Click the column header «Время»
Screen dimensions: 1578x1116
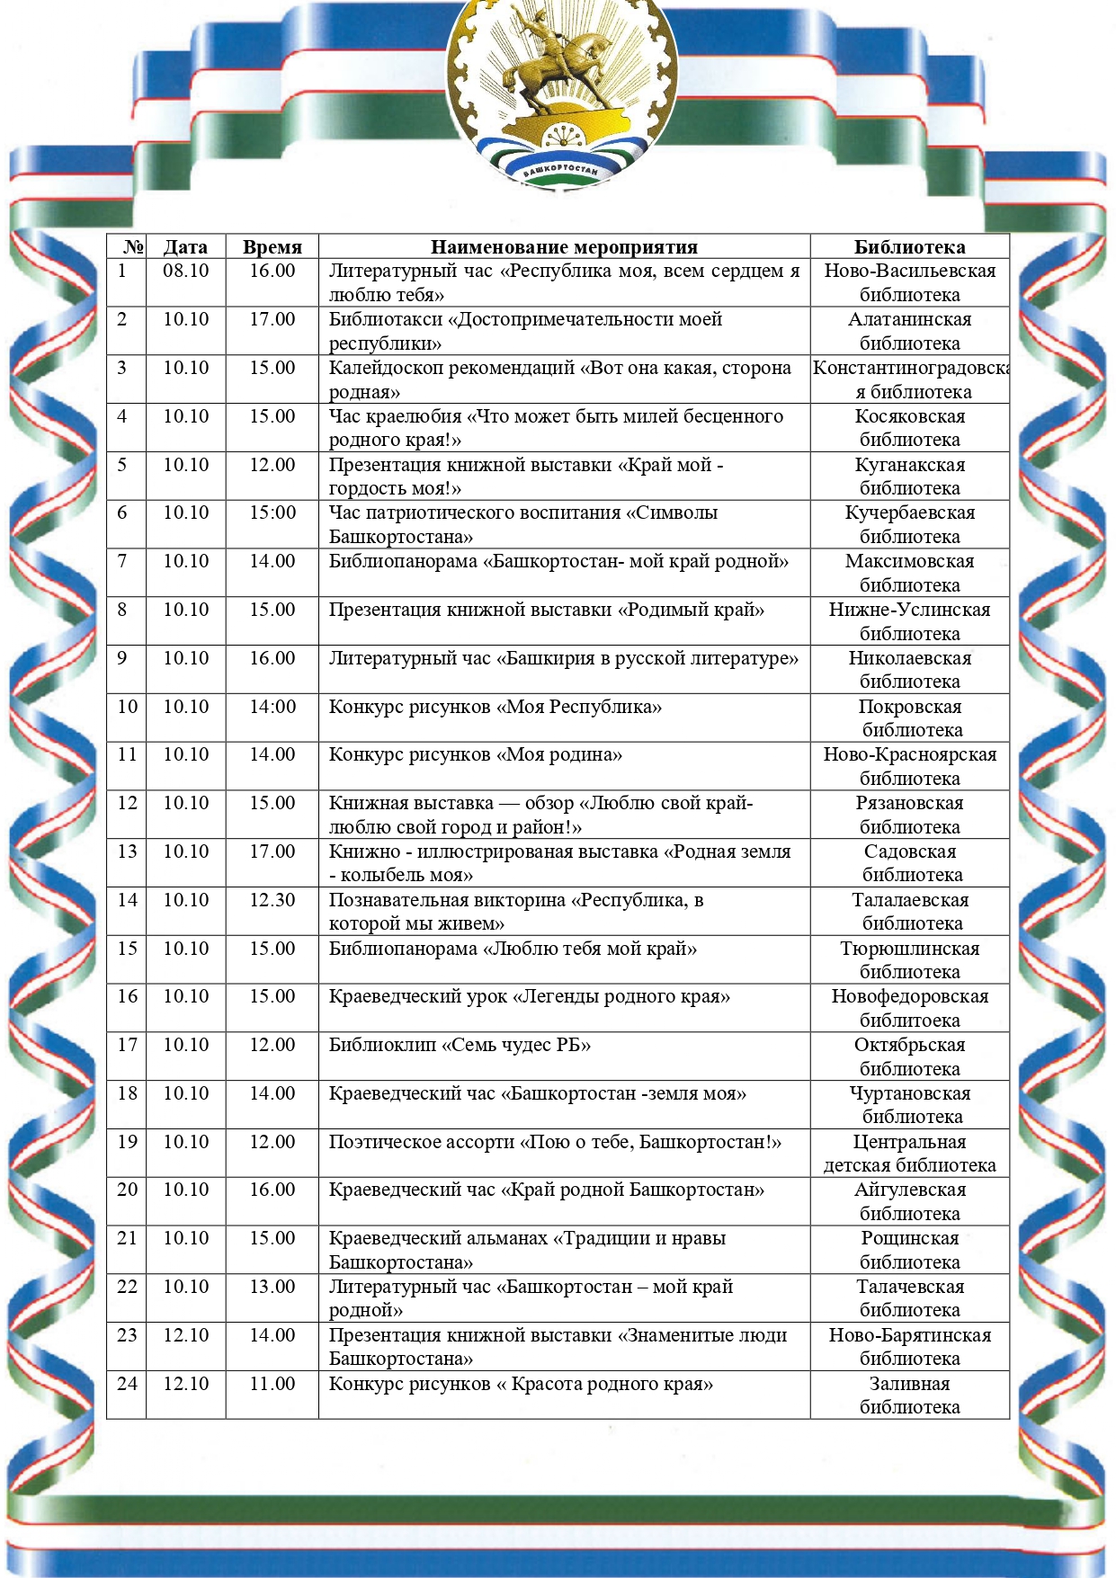pos(272,247)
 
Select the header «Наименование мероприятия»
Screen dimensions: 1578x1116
pos(564,247)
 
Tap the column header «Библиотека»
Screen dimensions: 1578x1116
pos(909,247)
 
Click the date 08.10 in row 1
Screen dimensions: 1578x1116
pos(185,272)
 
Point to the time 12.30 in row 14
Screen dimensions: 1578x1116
pos(272,900)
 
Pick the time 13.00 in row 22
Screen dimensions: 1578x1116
pos(272,1287)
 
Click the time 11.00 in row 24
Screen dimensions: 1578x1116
pos(272,1384)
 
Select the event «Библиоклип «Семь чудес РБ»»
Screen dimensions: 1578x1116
pos(460,1045)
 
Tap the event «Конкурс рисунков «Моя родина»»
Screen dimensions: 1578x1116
pos(475,755)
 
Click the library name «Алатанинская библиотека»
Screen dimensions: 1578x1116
pos(909,331)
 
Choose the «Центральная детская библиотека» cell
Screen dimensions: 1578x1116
pos(909,1154)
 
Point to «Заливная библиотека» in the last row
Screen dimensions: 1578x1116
pos(909,1395)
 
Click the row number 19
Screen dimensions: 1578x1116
pos(127,1142)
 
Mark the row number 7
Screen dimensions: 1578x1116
pos(122,561)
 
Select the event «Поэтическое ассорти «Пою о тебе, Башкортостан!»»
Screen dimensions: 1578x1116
pos(555,1142)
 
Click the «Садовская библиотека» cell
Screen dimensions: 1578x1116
pos(910,863)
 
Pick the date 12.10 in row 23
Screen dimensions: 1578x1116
pos(185,1335)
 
